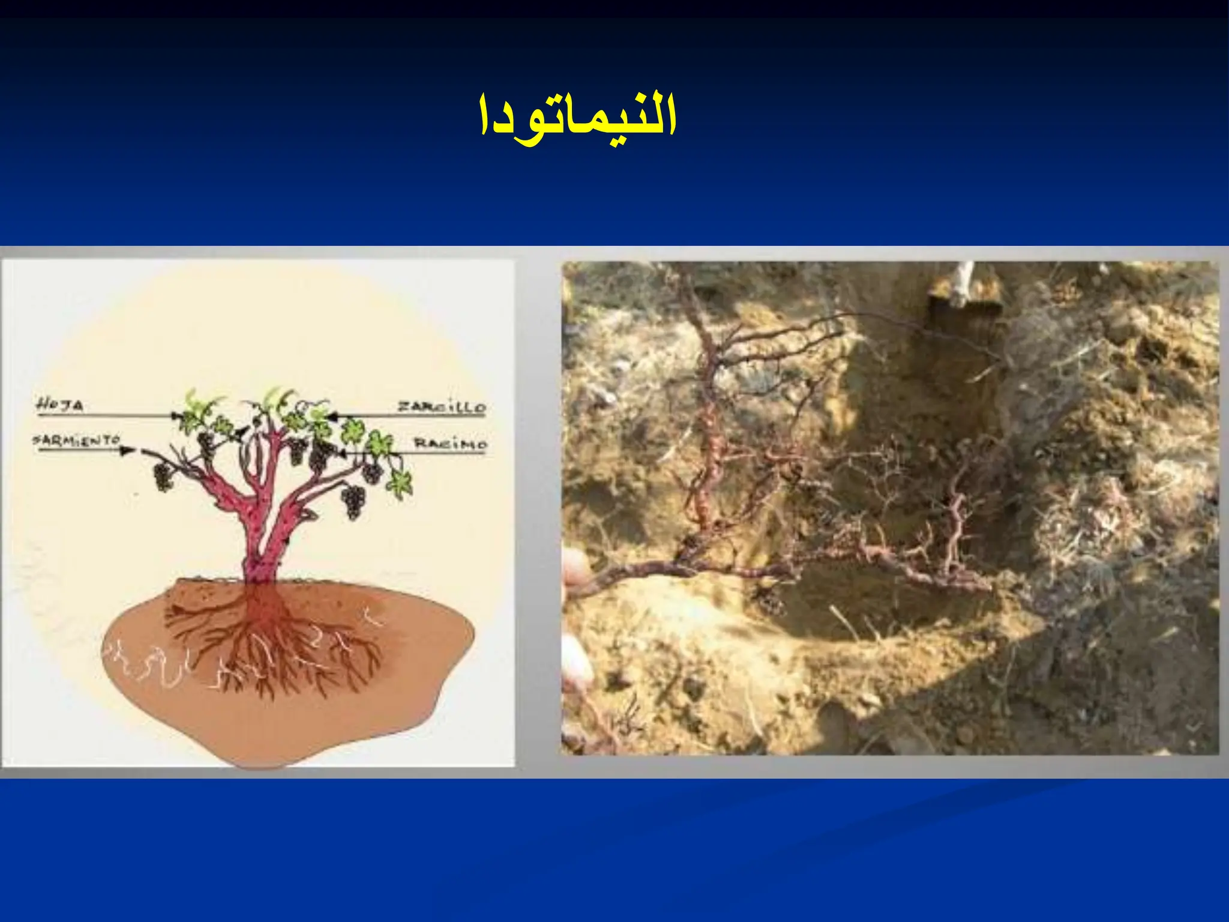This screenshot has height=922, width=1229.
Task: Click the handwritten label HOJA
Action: pos(60,406)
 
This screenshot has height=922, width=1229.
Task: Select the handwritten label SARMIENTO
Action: pos(77,441)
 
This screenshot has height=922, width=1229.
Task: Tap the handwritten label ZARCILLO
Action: pos(442,407)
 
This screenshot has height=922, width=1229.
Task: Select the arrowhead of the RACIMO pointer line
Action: pos(341,452)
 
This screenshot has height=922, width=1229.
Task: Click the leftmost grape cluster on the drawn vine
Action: pos(162,477)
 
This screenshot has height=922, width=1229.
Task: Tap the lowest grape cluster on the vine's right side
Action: pos(353,502)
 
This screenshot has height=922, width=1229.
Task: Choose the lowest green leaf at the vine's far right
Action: pos(399,483)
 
